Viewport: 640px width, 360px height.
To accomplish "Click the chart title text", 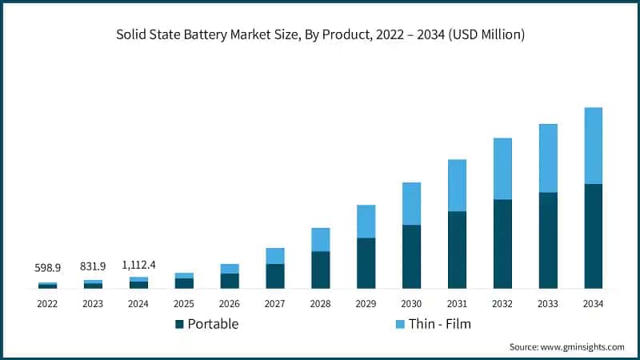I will coord(320,35).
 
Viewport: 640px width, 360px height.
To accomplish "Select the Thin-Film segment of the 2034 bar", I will coord(593,146).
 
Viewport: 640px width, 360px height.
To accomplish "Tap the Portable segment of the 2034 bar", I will coord(593,236).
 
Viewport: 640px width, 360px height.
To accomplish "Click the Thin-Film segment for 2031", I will coord(457,185).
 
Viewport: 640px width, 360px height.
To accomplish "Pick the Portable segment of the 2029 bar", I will coord(366,262).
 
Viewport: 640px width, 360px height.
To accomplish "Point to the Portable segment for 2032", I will coord(502,243).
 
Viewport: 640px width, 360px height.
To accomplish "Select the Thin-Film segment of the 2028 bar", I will coord(320,239).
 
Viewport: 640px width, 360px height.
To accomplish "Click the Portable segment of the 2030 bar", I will coord(411,256).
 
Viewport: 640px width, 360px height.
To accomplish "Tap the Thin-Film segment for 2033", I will coord(548,158).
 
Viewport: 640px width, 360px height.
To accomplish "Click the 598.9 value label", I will coord(47,268).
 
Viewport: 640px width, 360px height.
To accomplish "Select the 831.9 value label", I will coord(93,266).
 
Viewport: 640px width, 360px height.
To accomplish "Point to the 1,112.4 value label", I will coord(138,264).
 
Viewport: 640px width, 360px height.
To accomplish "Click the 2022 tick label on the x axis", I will coord(47,304).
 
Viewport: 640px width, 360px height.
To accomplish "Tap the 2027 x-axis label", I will coord(274,304).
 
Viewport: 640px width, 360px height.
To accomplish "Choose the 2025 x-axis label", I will coord(184,304).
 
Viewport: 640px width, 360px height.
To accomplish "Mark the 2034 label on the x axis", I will coord(593,304).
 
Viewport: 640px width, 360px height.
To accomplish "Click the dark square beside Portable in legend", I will coord(180,324).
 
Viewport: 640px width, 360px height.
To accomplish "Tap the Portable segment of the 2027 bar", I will coord(274,275).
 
